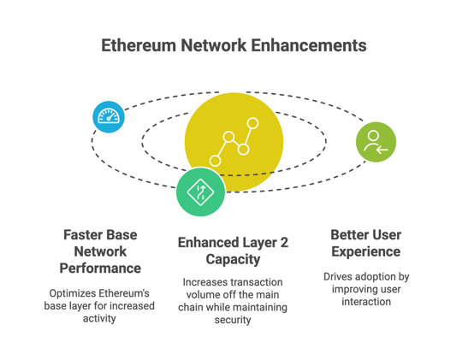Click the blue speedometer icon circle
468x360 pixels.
click(x=109, y=116)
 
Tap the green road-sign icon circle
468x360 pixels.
click(x=200, y=192)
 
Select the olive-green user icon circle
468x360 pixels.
click(x=376, y=142)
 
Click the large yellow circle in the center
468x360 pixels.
click(x=234, y=137)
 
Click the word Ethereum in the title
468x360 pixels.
click(x=141, y=45)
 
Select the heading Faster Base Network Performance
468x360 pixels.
click(x=100, y=251)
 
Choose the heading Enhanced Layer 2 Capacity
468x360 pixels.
click(x=233, y=251)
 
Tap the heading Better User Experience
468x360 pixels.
click(x=365, y=243)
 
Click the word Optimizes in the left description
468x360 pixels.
click(x=73, y=292)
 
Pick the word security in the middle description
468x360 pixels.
click(x=233, y=320)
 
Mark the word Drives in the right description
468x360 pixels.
click(x=340, y=276)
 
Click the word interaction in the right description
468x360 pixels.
click(x=365, y=301)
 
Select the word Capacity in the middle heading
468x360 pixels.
click(x=233, y=260)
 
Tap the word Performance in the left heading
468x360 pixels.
click(x=100, y=269)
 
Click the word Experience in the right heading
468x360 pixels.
click(x=365, y=251)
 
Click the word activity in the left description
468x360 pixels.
click(x=100, y=318)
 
